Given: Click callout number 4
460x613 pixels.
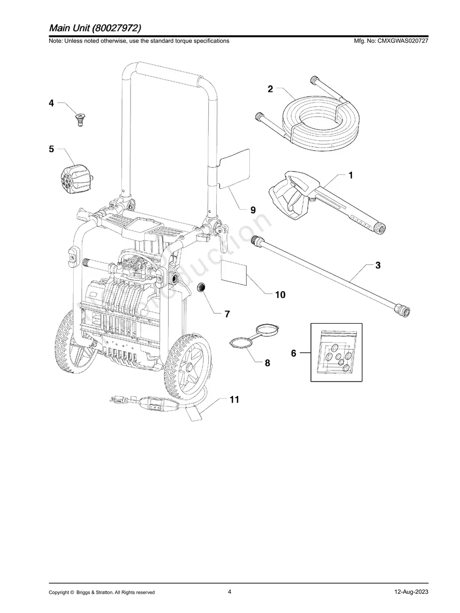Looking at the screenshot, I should (x=51, y=103).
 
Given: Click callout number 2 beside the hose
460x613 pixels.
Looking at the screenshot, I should (x=270, y=89).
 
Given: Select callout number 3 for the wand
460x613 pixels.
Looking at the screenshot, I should (x=378, y=265).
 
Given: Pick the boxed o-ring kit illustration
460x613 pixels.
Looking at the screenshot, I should (x=336, y=352).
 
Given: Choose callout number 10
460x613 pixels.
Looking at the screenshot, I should (x=280, y=295).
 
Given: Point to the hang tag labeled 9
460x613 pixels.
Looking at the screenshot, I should (x=235, y=167).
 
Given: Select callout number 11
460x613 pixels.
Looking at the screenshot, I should (x=234, y=400).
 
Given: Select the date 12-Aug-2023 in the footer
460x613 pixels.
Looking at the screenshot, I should (x=411, y=592).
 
